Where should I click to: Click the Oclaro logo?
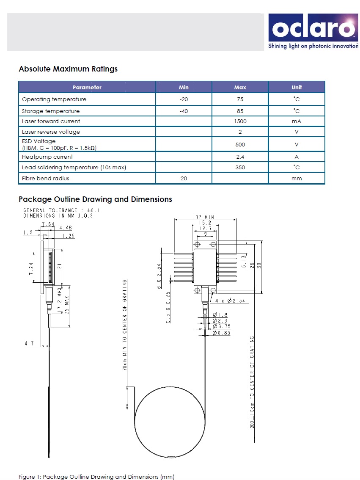pyautogui.click(x=313, y=32)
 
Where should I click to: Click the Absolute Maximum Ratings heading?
pyautogui.click(x=68, y=69)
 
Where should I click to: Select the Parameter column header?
pyautogui.click(x=87, y=87)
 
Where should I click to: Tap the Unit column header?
pyautogui.click(x=297, y=87)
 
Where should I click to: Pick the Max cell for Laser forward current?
pyautogui.click(x=240, y=121)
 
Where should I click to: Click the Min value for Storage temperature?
pyautogui.click(x=184, y=111)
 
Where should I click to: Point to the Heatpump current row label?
pyautogui.click(x=47, y=157)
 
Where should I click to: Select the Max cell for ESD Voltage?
pyautogui.click(x=240, y=144)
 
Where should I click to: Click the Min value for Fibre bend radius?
pyautogui.click(x=184, y=178)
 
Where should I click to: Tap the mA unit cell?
pyautogui.click(x=297, y=121)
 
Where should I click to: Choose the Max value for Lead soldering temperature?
pyautogui.click(x=240, y=167)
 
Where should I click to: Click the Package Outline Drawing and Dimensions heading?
pyautogui.click(x=95, y=199)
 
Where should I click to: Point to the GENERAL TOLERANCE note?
pyautogui.click(x=61, y=210)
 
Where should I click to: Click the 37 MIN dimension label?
pyautogui.click(x=204, y=217)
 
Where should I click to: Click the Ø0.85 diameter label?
pyautogui.click(x=221, y=333)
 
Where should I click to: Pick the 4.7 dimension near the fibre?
pyautogui.click(x=29, y=344)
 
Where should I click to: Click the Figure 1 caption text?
pyautogui.click(x=96, y=477)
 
